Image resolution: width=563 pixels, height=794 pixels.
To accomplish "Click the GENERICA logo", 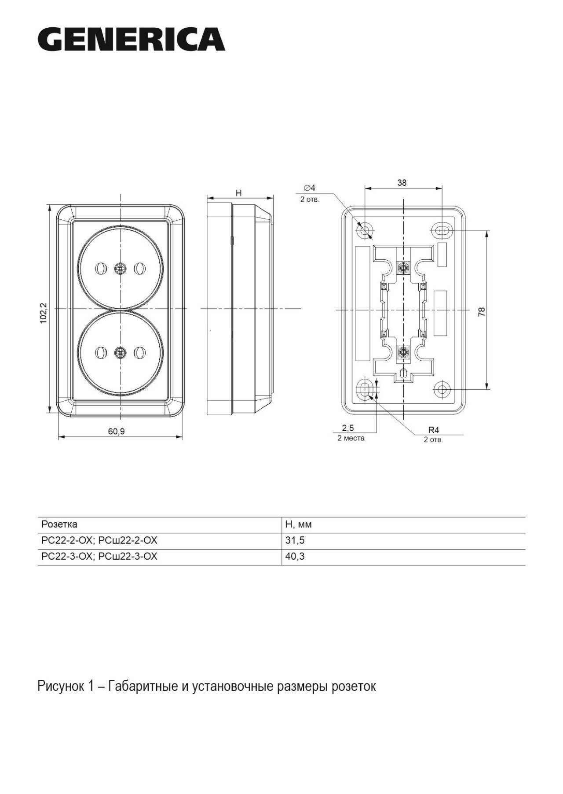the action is (132, 39).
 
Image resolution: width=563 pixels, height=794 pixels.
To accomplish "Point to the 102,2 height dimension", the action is (44, 313).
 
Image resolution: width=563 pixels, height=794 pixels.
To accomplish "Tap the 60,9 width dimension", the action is (117, 432).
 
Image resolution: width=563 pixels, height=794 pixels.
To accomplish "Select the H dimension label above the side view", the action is (239, 193).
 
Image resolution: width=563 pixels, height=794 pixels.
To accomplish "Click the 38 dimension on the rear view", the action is (402, 182).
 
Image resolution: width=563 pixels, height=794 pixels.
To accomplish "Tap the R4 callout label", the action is (434, 430).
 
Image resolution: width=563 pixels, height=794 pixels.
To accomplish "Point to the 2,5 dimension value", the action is (348, 428).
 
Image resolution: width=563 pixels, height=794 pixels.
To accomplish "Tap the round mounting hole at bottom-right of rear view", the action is (442, 389).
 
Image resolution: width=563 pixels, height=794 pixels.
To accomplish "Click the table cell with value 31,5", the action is (295, 540).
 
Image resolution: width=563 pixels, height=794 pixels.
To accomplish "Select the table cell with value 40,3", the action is (295, 556).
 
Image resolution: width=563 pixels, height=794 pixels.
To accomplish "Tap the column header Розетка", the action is (59, 524).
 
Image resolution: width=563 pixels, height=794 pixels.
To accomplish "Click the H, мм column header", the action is (299, 524).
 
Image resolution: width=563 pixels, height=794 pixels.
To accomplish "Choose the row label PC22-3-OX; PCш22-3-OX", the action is (99, 557).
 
